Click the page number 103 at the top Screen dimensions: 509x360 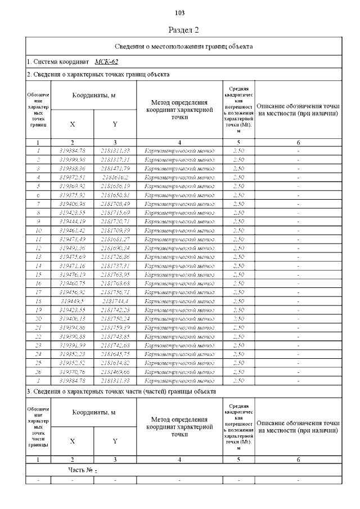[180, 13]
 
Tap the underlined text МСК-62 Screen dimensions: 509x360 [106, 61]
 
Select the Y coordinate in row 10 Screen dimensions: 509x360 [115, 230]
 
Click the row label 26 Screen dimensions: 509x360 [38, 372]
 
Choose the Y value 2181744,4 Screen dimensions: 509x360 [115, 301]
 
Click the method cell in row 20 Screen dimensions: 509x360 [179, 318]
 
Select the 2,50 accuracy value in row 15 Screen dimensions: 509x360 [238, 274]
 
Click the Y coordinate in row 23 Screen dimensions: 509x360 [115, 345]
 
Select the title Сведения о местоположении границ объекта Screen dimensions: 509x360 [183, 46]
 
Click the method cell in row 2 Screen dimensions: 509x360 [179, 159]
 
